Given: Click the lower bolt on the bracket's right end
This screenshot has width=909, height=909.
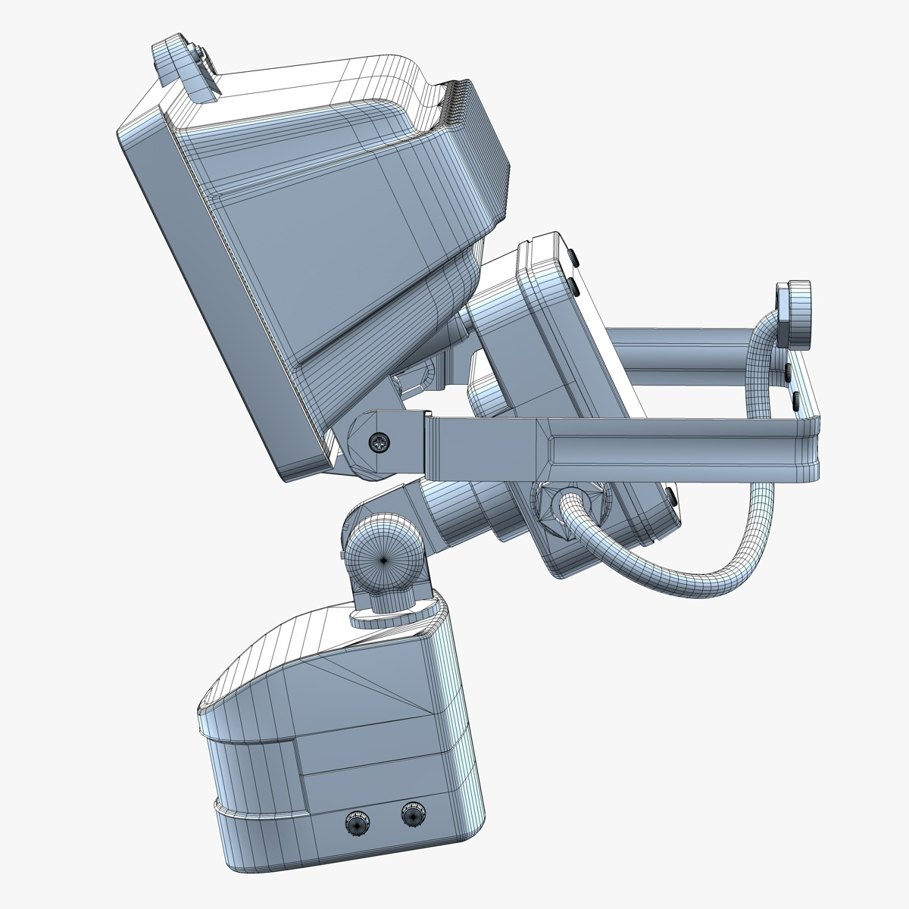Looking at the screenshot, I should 796,398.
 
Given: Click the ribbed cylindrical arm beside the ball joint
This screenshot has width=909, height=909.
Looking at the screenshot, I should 462,515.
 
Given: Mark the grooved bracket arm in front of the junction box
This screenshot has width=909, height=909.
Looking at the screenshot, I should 606,447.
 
